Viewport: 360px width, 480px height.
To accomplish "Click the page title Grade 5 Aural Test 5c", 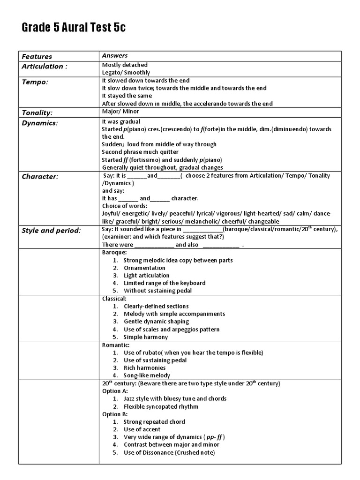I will pos(74,28).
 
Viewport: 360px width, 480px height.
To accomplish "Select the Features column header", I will pos(37,56).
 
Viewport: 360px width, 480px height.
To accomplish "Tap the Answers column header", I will pos(115,55).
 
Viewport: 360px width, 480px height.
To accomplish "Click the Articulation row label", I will pos(45,66).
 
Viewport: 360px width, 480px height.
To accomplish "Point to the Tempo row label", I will pos(35,82).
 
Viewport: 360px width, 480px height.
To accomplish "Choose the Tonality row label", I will pos(37,112).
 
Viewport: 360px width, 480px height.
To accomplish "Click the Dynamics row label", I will pos(40,123).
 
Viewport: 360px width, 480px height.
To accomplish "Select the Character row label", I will pos(40,177).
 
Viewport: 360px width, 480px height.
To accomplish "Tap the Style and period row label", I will pos(52,230).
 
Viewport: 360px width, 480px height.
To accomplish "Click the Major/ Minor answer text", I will pos(120,112).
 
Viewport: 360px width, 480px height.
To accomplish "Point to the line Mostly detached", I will pos(125,65).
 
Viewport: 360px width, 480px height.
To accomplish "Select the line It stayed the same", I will pos(127,96).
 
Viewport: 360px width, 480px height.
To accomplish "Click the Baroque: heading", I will pos(114,252).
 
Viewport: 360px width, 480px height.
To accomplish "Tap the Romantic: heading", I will pos(116,345).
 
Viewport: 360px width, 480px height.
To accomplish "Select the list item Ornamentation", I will pos(144,268).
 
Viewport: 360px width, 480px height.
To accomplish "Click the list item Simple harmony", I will pos(145,337).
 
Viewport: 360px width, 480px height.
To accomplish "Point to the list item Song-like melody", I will pos(147,375).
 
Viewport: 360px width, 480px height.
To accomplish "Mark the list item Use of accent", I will pos(142,429).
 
